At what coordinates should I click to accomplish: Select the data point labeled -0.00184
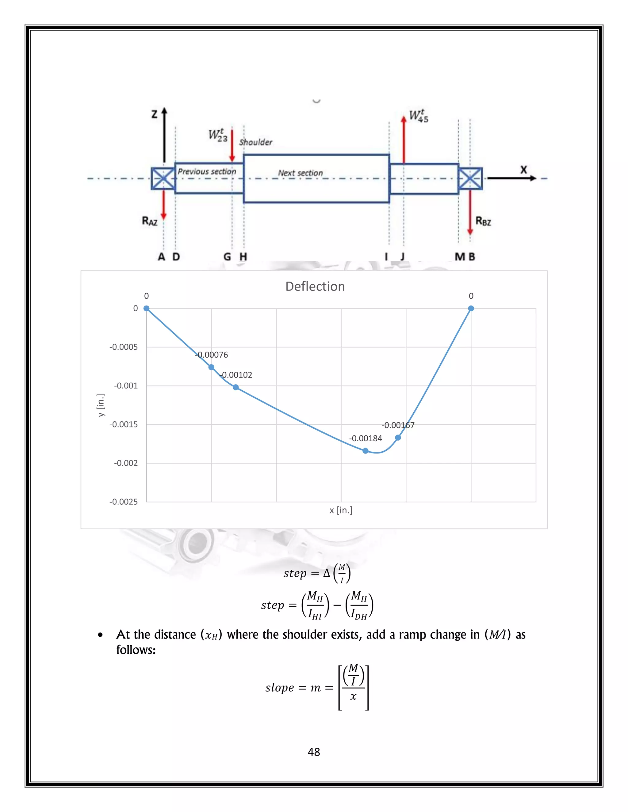click(x=365, y=451)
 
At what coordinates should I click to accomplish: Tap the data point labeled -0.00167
click(x=398, y=438)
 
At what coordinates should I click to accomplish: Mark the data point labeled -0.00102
click(x=235, y=387)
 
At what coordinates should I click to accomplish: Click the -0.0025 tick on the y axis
click(x=124, y=502)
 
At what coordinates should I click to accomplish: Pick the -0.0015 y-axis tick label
click(x=124, y=424)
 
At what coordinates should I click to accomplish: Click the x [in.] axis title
click(x=341, y=510)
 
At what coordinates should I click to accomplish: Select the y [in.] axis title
click(x=101, y=405)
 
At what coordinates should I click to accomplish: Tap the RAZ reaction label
click(x=150, y=221)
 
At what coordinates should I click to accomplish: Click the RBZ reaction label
click(x=483, y=221)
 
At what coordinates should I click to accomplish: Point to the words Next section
click(x=300, y=173)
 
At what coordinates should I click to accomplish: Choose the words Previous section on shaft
click(x=207, y=171)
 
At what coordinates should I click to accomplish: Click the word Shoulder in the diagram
click(x=256, y=142)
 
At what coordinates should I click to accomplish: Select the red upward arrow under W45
click(x=404, y=139)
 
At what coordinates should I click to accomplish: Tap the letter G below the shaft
click(x=227, y=256)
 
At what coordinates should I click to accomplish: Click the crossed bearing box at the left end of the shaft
click(x=163, y=178)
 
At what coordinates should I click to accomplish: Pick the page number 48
click(x=314, y=752)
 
